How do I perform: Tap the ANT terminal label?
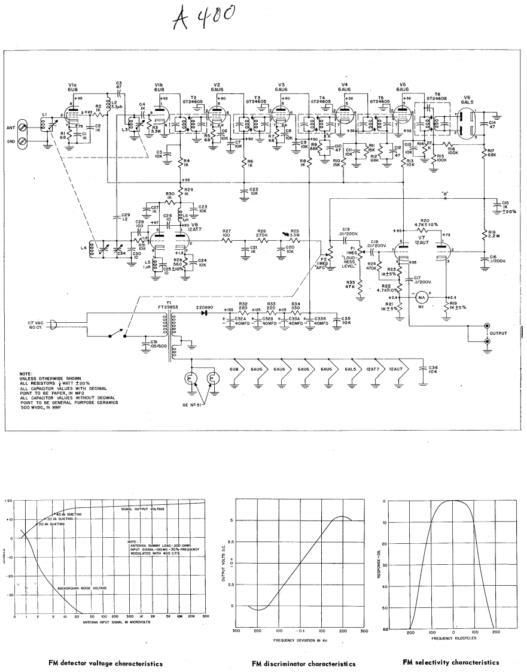(10, 126)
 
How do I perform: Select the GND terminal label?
(10, 141)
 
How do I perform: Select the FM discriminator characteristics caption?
(303, 664)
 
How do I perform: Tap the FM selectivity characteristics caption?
(450, 662)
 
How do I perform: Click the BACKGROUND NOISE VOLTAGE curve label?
(82, 588)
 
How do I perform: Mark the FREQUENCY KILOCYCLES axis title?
(453, 639)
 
